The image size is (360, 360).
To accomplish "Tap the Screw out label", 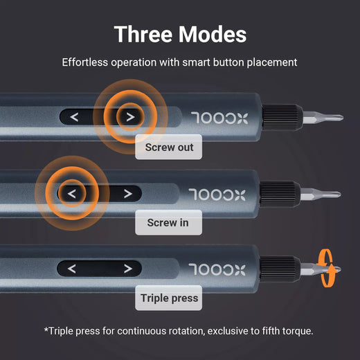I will click(169, 147).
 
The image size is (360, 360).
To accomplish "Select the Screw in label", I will click(168, 223).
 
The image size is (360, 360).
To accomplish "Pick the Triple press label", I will click(169, 299).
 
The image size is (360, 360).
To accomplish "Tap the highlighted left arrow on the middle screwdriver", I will click(73, 193).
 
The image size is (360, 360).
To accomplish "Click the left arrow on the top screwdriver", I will click(74, 117).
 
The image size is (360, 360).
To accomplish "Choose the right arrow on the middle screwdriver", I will click(127, 193).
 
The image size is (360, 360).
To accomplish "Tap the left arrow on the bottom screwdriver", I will click(73, 269).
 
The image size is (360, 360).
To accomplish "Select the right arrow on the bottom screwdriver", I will click(127, 269).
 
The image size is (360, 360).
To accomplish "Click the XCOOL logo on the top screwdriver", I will click(215, 117).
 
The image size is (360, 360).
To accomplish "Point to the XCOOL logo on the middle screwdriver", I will click(215, 193).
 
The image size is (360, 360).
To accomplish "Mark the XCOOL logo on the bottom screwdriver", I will click(215, 269).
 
